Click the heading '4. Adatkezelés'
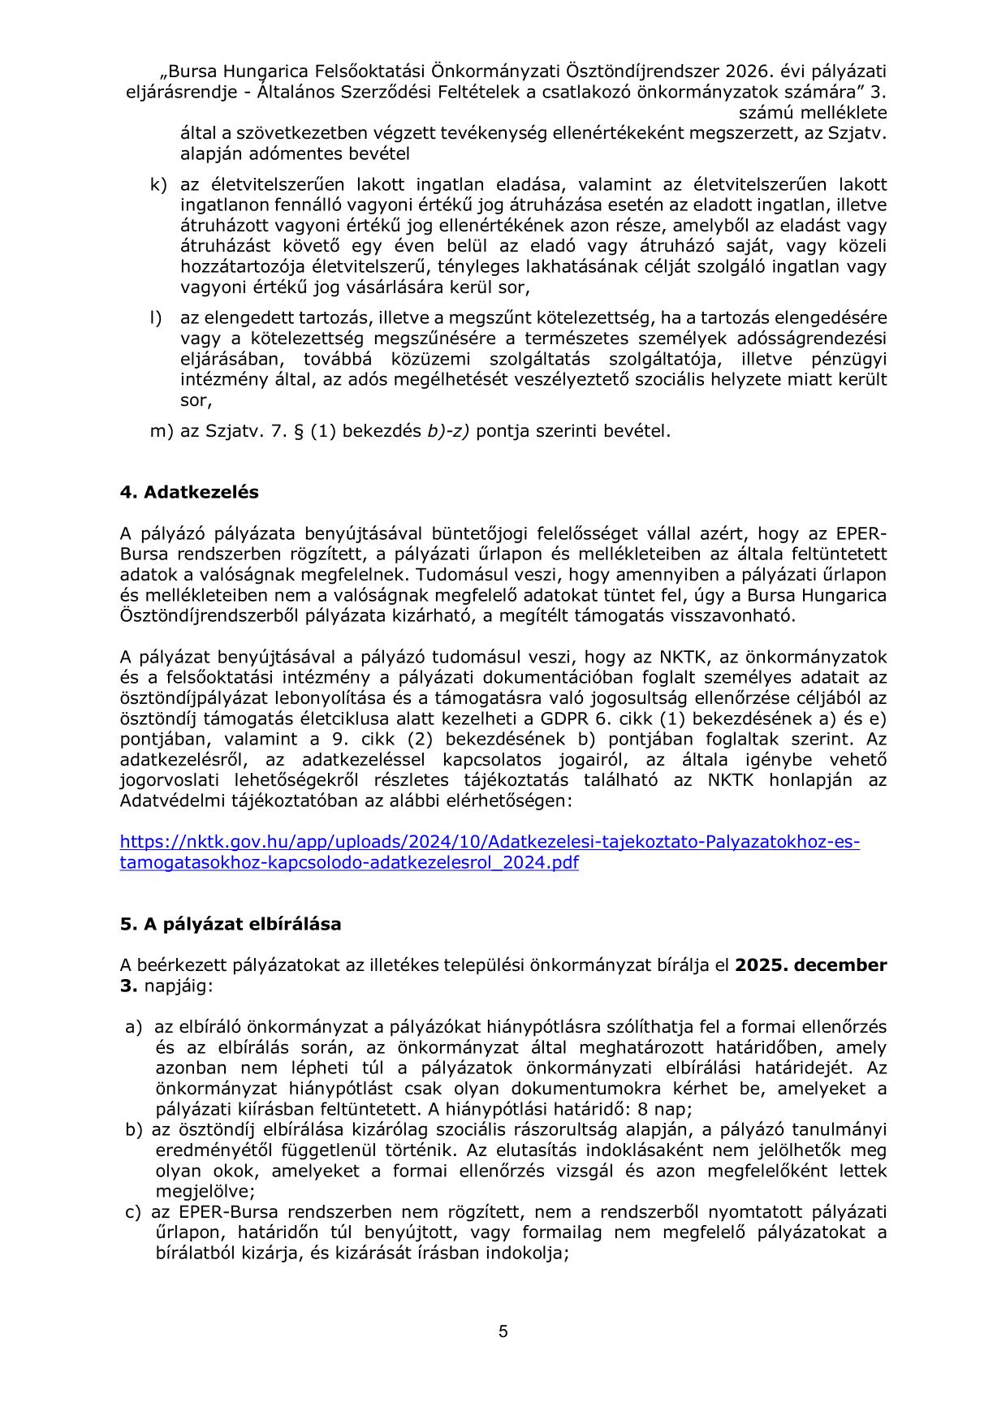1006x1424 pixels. coord(189,492)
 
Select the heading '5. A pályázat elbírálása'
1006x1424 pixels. coord(231,924)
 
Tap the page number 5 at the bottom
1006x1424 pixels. coord(503,1331)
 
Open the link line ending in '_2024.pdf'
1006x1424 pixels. coord(349,862)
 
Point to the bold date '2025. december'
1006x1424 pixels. coord(810,965)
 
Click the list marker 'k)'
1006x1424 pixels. coord(158,184)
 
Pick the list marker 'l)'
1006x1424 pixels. coord(156,317)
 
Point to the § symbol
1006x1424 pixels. coord(298,431)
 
